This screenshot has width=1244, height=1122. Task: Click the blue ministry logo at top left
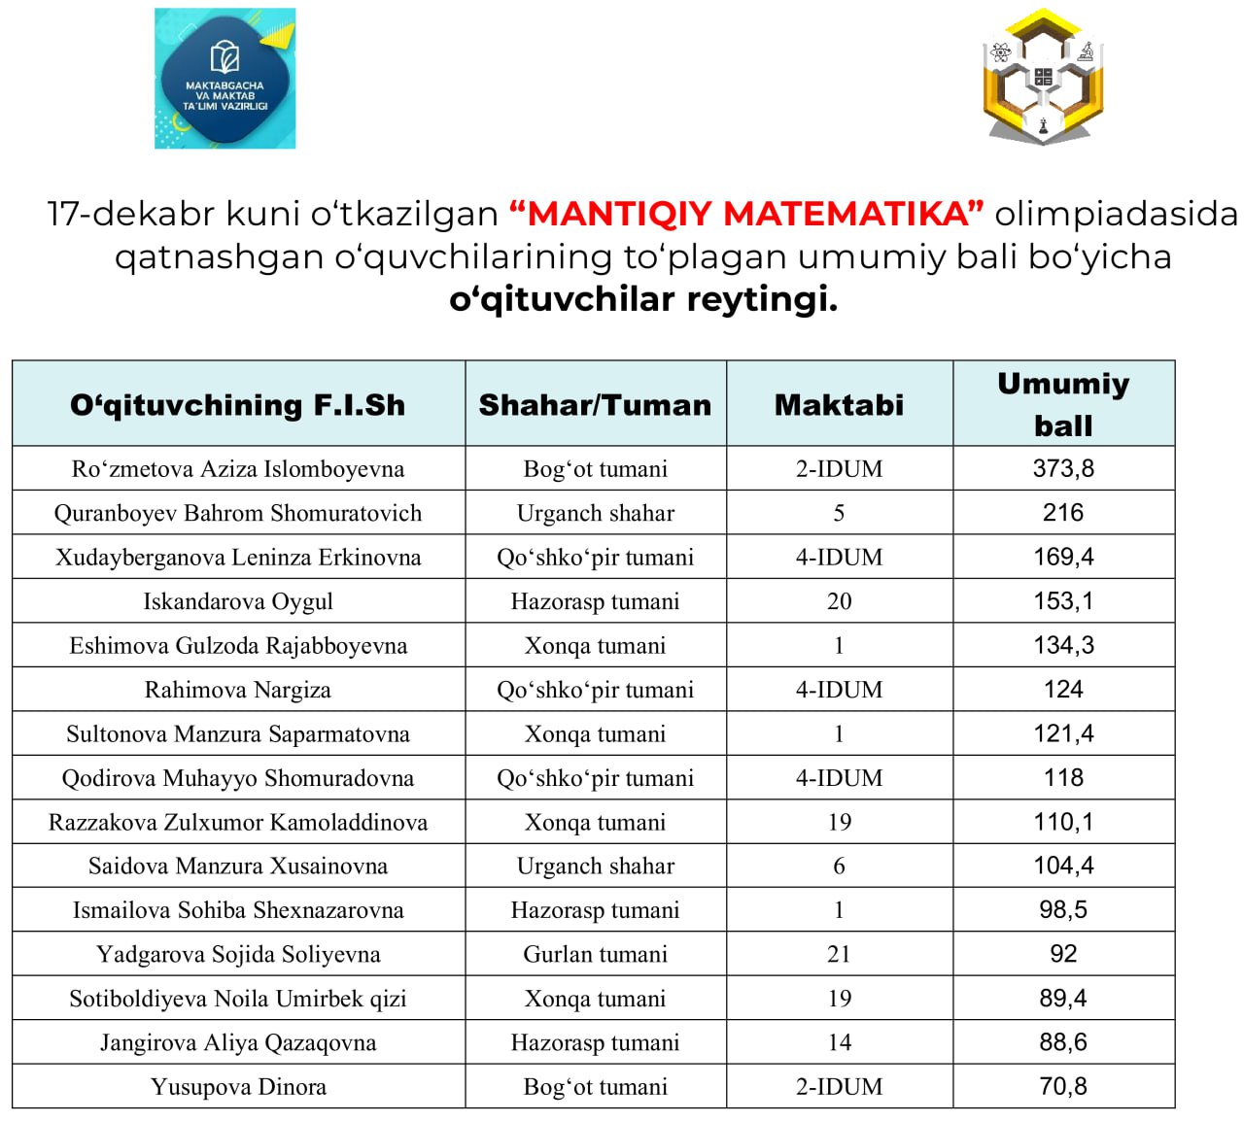coord(225,79)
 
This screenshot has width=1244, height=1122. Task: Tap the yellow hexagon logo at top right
coord(1043,78)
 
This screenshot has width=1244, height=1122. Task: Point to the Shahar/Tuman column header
coord(595,405)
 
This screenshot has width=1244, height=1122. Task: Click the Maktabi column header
coord(839,405)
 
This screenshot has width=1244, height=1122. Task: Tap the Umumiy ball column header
coord(1063,404)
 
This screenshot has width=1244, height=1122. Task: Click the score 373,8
coord(1063,468)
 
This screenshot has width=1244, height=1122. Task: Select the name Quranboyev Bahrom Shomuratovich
coord(238,513)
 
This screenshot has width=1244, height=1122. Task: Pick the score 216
coord(1063,513)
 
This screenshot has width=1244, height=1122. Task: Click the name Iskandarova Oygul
coord(238,601)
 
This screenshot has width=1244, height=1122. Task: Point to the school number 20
coord(839,601)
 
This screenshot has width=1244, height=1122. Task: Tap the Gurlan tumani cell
coord(595,954)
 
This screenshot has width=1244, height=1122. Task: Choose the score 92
coord(1063,954)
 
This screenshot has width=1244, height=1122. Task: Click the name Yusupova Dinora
coord(238,1087)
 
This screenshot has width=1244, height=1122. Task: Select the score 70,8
coord(1063,1086)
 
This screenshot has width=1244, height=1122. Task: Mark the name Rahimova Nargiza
coord(238,690)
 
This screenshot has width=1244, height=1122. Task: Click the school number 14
coord(839,1042)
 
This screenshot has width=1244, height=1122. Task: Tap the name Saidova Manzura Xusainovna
coord(238,866)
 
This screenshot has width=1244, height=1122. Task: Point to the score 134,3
coord(1063,645)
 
